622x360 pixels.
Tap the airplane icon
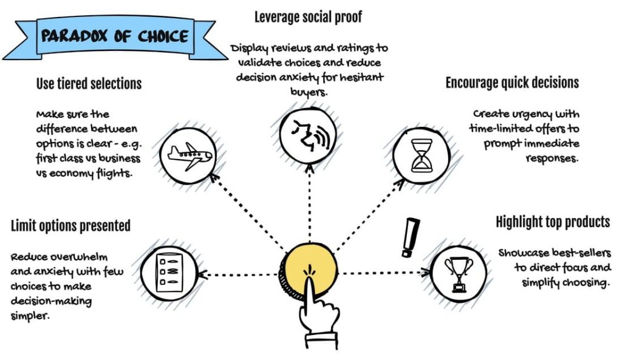(x=190, y=154)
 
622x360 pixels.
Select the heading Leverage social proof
(x=308, y=17)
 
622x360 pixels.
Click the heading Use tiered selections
(x=89, y=84)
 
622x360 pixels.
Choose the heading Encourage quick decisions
(x=512, y=83)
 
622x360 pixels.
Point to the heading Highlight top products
(x=552, y=222)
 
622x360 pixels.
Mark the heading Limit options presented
(x=70, y=226)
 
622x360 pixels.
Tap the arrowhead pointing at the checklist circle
(x=203, y=274)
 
